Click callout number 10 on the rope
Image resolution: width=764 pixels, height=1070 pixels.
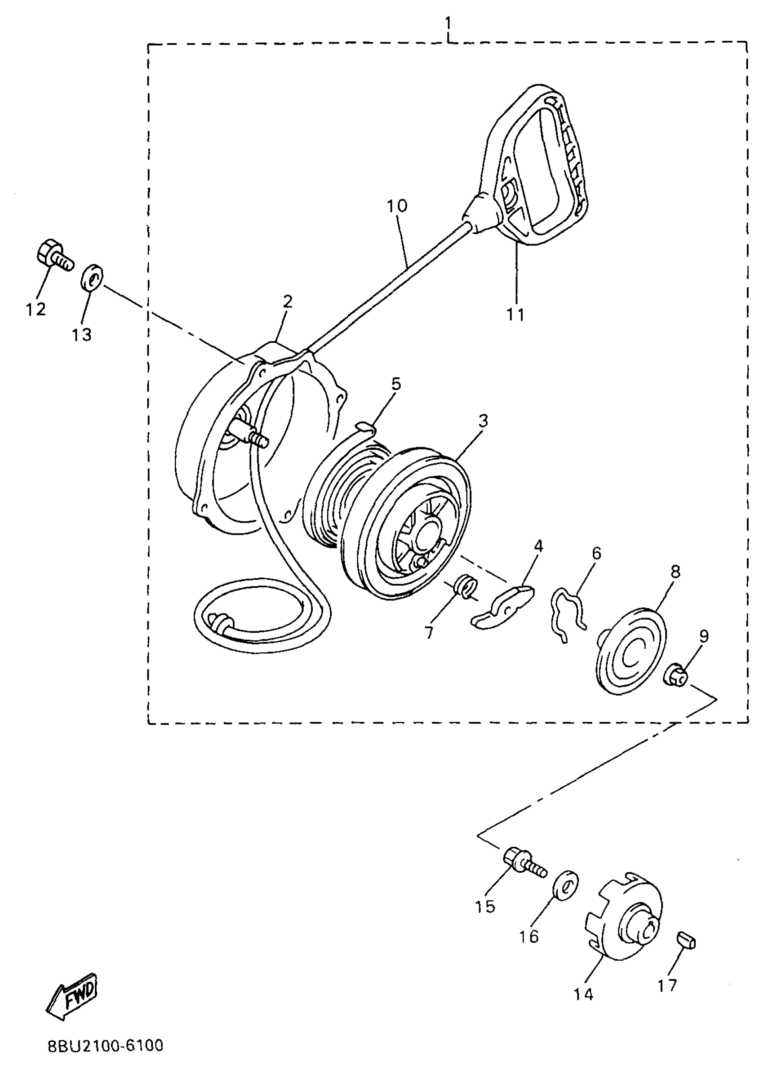397,206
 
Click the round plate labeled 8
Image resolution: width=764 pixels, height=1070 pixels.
631,651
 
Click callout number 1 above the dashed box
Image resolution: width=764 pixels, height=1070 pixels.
448,22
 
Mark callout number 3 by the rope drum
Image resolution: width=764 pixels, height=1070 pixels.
483,421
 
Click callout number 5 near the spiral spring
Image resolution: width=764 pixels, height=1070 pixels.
396,384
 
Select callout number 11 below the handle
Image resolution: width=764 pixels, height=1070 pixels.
515,314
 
